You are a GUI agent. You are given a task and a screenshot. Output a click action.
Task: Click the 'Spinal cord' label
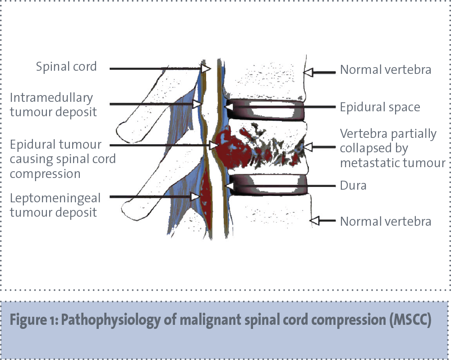(x=66, y=67)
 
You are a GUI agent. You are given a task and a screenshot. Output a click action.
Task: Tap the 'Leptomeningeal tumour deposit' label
(x=55, y=205)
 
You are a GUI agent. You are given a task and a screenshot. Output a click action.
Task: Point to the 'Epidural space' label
(x=380, y=107)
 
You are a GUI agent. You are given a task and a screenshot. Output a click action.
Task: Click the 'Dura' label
(x=353, y=185)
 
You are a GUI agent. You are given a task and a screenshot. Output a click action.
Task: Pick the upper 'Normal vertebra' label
(x=386, y=70)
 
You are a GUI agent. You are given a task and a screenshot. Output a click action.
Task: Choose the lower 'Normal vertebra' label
(x=386, y=221)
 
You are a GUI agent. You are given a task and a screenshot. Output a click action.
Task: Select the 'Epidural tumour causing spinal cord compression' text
(x=63, y=159)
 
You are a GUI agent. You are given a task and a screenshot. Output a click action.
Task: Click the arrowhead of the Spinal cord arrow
(x=206, y=68)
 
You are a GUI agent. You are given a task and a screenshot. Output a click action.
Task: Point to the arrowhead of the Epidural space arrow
(x=229, y=107)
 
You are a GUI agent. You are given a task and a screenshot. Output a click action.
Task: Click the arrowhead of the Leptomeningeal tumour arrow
(x=195, y=196)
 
